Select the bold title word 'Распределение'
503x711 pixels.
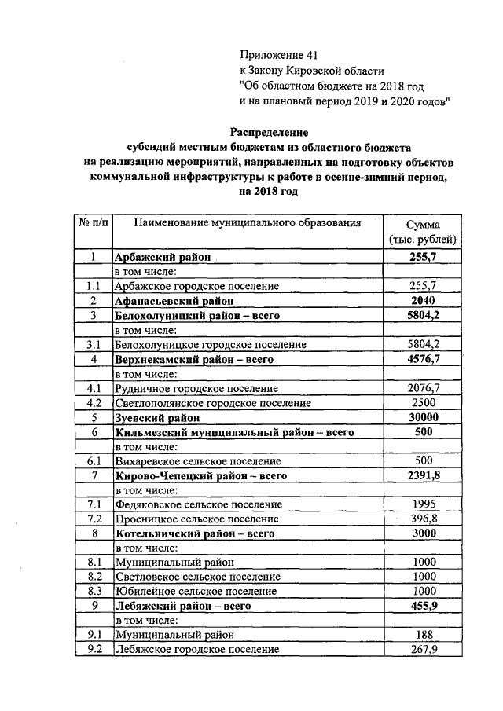click(x=269, y=131)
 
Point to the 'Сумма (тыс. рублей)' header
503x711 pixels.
click(x=424, y=232)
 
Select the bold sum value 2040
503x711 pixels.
click(x=423, y=301)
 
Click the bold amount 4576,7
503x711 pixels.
click(x=423, y=359)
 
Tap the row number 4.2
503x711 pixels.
click(x=94, y=403)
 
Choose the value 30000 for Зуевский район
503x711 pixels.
click(x=423, y=418)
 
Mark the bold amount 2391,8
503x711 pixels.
click(x=423, y=476)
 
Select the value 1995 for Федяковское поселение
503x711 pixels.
click(x=423, y=505)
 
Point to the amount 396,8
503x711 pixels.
click(x=423, y=520)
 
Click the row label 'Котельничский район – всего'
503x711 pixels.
click(x=193, y=534)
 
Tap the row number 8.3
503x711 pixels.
click(x=94, y=591)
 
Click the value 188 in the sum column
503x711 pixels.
click(x=423, y=635)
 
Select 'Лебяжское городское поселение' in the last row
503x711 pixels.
click(x=197, y=650)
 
